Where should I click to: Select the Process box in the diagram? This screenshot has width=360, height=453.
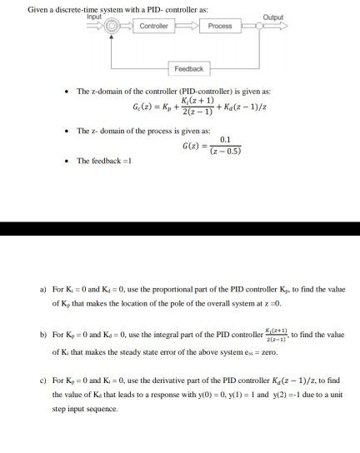coord(220,26)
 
